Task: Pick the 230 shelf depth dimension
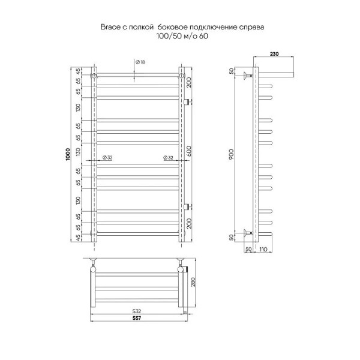tap(274, 55)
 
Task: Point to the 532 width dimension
tap(137, 311)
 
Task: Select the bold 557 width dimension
tap(137, 319)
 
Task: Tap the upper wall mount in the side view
tap(246, 76)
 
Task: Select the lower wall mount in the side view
tap(246, 233)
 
